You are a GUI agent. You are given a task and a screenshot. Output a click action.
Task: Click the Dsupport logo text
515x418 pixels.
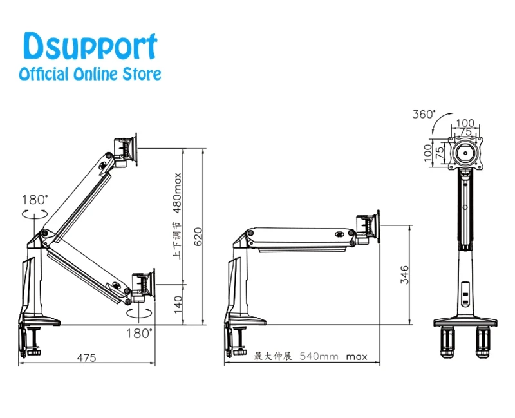tap(90, 46)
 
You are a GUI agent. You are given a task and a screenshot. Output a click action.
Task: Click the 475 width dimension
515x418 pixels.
tap(87, 357)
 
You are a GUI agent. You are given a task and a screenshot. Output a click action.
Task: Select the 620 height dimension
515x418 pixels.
tap(198, 236)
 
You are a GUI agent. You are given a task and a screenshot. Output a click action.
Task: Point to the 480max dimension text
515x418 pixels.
tap(177, 193)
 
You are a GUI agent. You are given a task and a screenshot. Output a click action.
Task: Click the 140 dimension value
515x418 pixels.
tap(178, 305)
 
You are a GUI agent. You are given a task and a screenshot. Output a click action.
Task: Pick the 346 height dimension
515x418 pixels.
tap(404, 275)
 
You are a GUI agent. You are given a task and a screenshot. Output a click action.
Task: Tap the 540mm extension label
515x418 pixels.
tap(319, 356)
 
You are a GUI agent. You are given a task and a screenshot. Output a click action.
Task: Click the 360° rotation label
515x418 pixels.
tap(424, 114)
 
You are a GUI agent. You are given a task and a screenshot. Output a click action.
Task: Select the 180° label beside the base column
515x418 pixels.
tap(35, 200)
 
